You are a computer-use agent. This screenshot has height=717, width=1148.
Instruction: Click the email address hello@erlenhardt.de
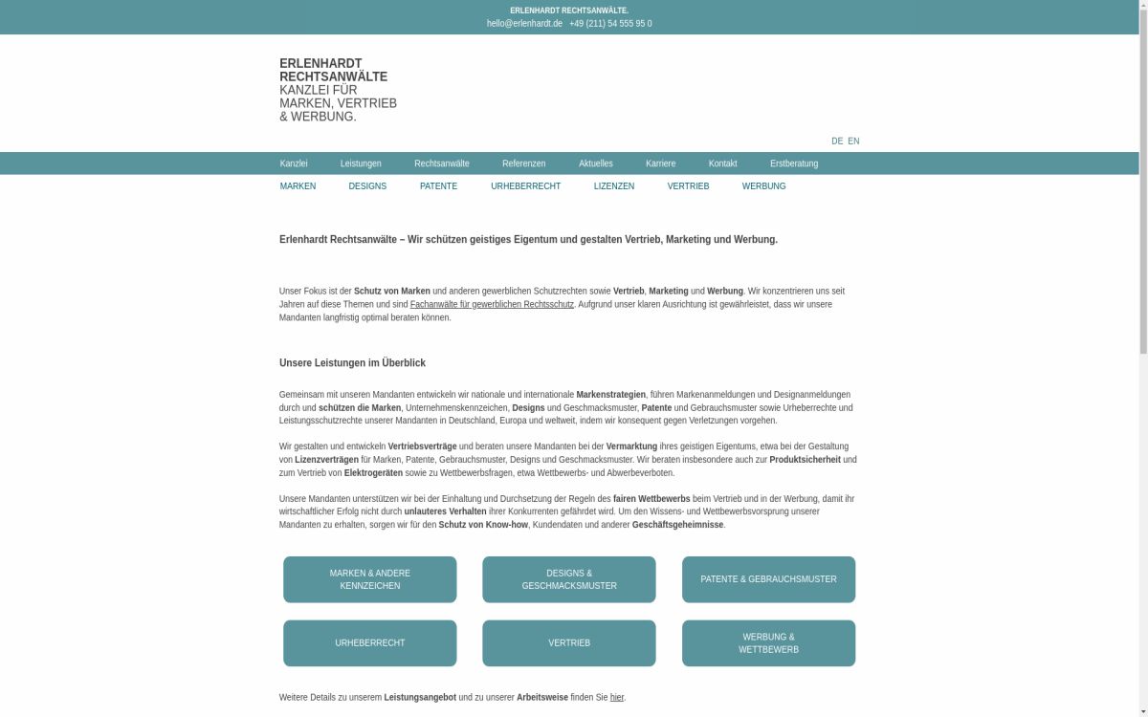point(524,24)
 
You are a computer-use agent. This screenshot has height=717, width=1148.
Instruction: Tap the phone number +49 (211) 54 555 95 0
point(610,24)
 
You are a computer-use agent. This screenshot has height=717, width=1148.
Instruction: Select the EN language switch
point(853,141)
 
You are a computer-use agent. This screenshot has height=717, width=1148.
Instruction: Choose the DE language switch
point(837,141)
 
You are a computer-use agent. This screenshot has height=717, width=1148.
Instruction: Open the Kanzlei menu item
point(294,163)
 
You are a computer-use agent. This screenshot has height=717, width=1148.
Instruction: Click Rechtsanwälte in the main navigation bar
point(442,163)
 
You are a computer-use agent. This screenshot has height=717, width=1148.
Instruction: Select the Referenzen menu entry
point(523,163)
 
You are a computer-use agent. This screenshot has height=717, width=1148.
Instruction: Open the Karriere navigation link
point(660,163)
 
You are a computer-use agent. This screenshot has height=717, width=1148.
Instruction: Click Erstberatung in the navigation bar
point(794,163)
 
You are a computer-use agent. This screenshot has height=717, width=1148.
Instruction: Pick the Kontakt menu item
point(722,163)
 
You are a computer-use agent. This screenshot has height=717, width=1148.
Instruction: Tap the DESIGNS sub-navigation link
point(367,186)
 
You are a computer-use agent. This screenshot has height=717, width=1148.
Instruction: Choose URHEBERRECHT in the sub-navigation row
point(525,186)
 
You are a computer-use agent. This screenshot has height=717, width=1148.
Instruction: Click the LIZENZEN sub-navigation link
point(614,186)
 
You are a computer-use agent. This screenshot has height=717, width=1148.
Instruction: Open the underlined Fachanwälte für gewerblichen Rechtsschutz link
point(492,305)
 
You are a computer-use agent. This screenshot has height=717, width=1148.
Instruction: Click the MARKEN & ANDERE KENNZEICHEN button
point(370,579)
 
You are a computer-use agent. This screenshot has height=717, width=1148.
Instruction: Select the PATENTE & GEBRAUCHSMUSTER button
point(768,579)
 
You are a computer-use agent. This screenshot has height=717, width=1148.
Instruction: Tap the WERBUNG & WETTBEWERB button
point(768,643)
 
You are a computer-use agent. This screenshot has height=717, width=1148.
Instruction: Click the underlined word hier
point(617,698)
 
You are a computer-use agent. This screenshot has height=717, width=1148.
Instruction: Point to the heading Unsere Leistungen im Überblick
point(352,363)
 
